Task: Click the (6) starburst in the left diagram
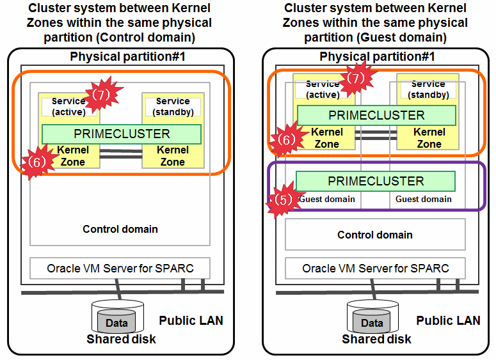[36, 162]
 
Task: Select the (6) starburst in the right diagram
[285, 139]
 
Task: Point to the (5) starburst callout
[282, 198]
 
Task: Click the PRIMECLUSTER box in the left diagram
[122, 134]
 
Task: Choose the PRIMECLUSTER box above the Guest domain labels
[376, 181]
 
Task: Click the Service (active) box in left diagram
[69, 107]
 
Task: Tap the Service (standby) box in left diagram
[173, 107]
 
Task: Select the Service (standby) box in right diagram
[428, 90]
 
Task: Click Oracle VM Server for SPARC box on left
[120, 268]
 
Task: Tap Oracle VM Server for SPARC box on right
[375, 268]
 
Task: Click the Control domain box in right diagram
[375, 235]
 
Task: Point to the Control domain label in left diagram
[120, 229]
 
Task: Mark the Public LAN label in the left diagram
[191, 320]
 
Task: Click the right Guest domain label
[423, 199]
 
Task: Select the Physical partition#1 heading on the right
[377, 56]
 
